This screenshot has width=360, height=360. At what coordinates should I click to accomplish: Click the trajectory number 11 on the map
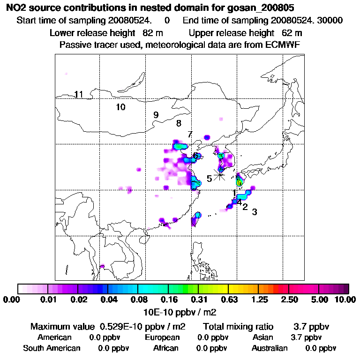pyautogui.click(x=79, y=95)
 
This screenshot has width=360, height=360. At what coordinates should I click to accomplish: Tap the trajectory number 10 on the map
pyautogui.click(x=120, y=107)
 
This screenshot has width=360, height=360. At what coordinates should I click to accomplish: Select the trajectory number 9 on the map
pyautogui.click(x=156, y=115)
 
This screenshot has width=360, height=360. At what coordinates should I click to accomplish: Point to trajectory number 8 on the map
pyautogui.click(x=179, y=124)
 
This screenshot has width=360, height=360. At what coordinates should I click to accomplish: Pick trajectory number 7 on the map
pyautogui.click(x=190, y=135)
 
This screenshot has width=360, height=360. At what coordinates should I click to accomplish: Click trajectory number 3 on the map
pyautogui.click(x=255, y=212)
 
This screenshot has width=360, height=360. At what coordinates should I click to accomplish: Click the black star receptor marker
pyautogui.click(x=219, y=174)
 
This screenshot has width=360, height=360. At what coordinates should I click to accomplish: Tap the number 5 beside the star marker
pyautogui.click(x=209, y=179)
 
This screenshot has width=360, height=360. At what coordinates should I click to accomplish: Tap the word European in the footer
pyautogui.click(x=162, y=337)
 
